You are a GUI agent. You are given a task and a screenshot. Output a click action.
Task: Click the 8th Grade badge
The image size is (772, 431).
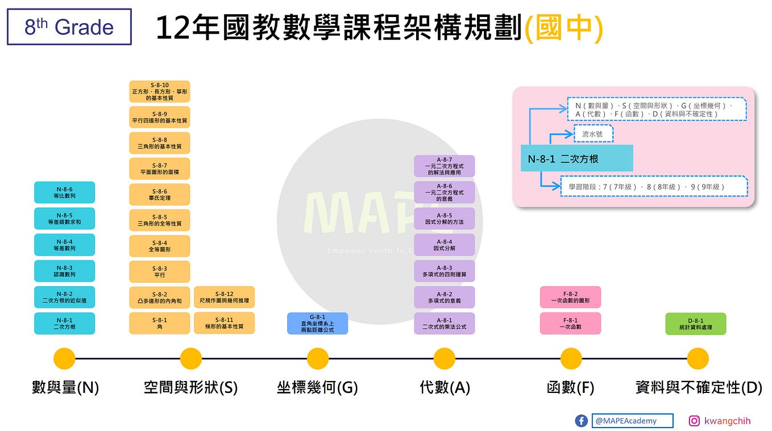click(x=69, y=27)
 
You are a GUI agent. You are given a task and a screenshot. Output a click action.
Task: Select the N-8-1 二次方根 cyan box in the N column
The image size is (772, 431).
click(x=64, y=323)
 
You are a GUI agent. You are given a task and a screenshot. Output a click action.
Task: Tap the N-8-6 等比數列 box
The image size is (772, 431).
click(x=64, y=193)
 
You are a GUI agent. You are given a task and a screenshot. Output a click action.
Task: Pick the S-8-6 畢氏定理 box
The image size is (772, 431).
click(x=159, y=194)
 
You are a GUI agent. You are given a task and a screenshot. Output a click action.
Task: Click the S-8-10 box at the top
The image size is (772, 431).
click(x=159, y=91)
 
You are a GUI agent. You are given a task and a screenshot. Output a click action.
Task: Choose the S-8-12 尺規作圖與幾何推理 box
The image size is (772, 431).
click(x=224, y=297)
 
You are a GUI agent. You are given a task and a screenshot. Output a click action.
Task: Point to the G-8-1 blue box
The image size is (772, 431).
click(x=317, y=323)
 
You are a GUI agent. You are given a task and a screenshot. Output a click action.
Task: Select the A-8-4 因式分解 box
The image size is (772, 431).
click(x=444, y=245)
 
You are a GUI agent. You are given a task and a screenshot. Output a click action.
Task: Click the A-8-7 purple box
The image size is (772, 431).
click(x=444, y=166)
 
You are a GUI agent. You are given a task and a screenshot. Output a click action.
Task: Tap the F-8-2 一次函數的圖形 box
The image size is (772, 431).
click(x=570, y=297)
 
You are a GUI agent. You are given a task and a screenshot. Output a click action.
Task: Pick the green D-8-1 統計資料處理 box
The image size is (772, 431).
click(x=695, y=324)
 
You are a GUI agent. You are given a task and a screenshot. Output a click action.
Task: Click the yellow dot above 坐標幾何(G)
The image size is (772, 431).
click(x=318, y=358)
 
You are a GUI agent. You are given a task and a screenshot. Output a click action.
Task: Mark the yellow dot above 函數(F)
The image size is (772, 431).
click(x=571, y=358)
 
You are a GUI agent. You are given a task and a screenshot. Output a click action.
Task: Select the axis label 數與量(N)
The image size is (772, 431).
click(x=65, y=388)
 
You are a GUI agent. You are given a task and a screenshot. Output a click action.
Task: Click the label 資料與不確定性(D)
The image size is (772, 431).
click(x=698, y=388)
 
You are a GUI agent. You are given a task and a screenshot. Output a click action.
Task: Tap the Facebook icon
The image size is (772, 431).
click(x=581, y=421)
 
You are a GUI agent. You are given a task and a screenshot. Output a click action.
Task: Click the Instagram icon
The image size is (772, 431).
click(x=694, y=421)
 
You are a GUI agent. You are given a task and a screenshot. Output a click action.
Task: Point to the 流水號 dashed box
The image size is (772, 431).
click(x=593, y=135)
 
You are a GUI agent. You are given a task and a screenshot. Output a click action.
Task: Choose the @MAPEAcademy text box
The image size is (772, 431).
click(x=632, y=421)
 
